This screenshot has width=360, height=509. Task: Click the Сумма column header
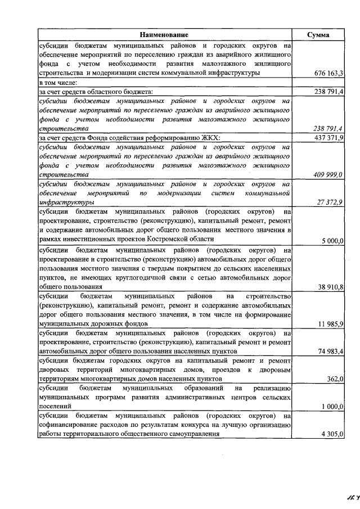(318, 35)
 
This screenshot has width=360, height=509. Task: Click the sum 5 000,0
(332, 241)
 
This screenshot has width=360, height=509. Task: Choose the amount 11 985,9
(331, 324)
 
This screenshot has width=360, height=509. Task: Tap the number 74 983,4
(331, 351)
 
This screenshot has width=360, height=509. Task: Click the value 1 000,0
(332, 406)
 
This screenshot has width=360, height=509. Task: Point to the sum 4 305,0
(332, 434)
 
